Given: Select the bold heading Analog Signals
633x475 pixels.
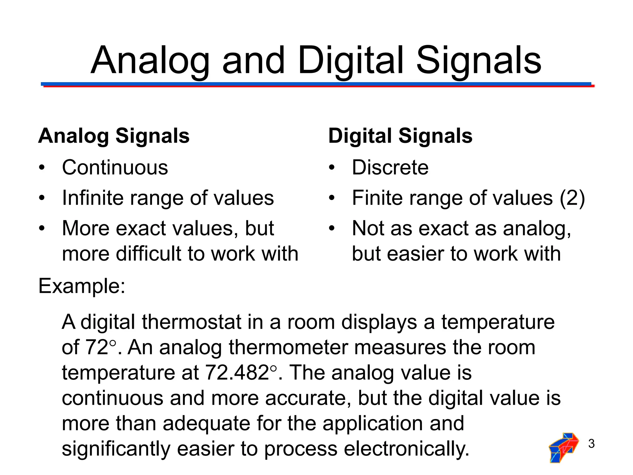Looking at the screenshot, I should [114, 136].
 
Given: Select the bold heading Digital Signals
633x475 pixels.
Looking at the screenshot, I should [400, 136].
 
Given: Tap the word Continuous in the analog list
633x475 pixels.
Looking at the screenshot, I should [115, 168].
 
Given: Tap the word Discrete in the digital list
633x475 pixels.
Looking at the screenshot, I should [390, 168].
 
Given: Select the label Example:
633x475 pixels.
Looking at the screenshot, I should [82, 286].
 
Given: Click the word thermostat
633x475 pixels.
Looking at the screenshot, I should [192, 322].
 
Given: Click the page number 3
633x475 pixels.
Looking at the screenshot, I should [591, 444].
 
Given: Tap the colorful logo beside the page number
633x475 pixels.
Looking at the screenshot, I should [563, 447].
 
